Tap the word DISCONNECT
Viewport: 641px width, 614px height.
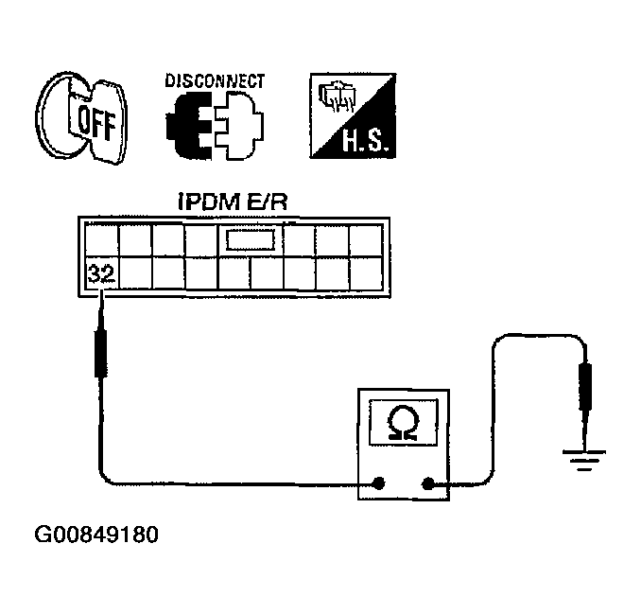click(215, 80)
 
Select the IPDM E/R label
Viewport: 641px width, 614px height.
click(233, 202)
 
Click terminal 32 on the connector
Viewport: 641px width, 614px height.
click(101, 273)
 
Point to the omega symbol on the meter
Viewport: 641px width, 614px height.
click(404, 423)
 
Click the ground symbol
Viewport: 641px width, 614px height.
click(584, 460)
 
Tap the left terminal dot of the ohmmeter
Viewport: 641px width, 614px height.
click(379, 483)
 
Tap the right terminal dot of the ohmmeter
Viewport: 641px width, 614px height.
click(427, 484)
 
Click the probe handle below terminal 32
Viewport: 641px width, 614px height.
click(101, 353)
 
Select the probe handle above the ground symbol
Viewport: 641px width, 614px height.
click(585, 386)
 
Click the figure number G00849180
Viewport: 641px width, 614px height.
click(96, 535)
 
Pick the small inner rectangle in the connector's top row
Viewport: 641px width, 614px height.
click(251, 240)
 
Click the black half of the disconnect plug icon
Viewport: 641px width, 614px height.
click(189, 125)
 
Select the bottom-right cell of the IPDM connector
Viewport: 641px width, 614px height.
click(366, 273)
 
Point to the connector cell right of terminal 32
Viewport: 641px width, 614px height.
click(135, 273)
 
